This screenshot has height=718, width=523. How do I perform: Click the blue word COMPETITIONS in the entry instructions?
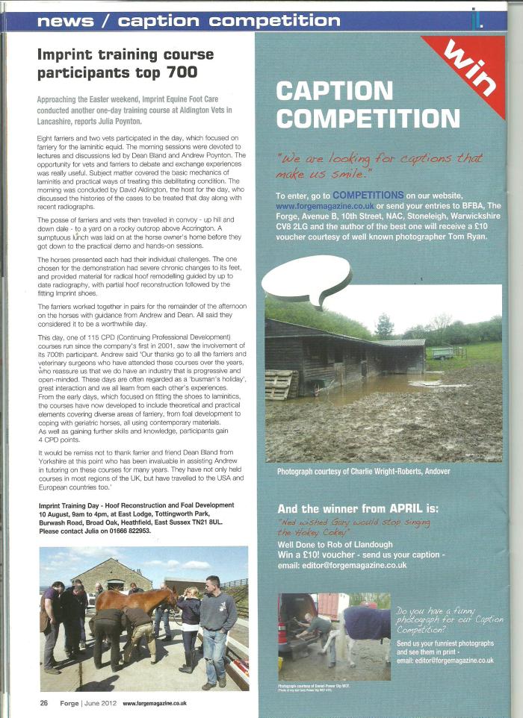[362, 195]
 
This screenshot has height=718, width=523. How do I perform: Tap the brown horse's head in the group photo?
[165, 596]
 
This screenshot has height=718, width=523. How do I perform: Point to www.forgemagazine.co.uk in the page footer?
[155, 702]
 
